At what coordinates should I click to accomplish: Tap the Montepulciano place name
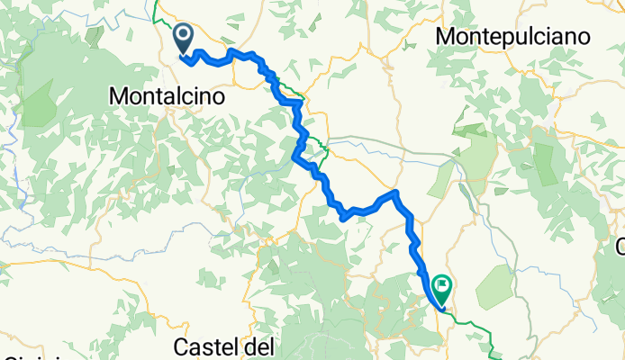click(x=512, y=37)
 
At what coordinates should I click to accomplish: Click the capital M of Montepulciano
click(x=446, y=37)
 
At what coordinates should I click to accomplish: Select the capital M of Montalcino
click(x=117, y=94)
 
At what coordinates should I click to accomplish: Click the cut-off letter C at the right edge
click(x=620, y=246)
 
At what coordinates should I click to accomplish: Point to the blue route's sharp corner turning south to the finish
click(x=394, y=193)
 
